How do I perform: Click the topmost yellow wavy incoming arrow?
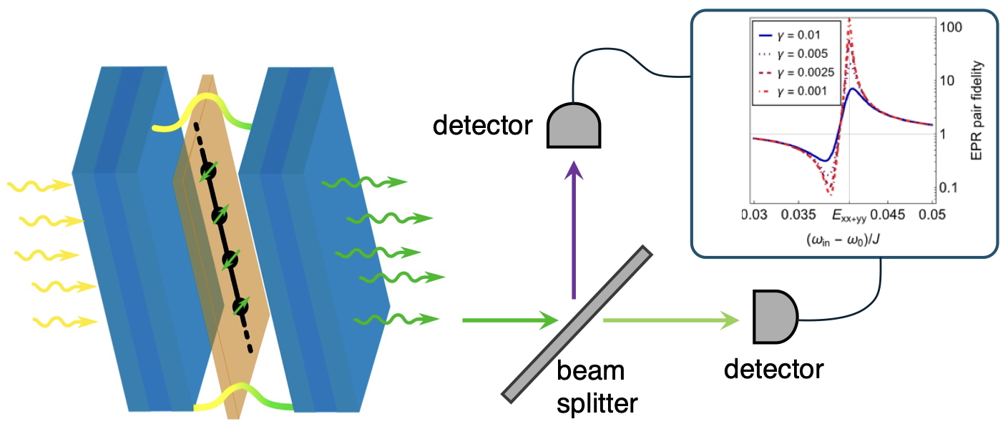click(x=39, y=187)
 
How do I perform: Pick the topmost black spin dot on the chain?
click(x=208, y=172)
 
